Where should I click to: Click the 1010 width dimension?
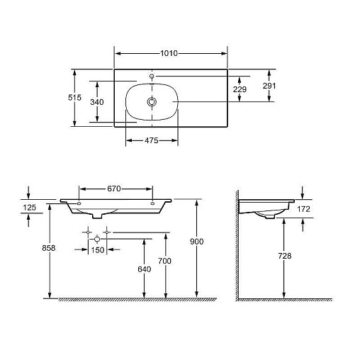tap(169, 53)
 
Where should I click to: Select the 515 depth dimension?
tap(74, 97)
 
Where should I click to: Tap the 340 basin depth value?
tap(97, 102)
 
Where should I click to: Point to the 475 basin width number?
tap(152, 140)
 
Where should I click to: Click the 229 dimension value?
tap(240, 89)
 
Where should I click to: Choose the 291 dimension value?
tap(269, 86)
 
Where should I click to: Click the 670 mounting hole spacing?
tap(114, 189)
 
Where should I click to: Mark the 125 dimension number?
tap(30, 208)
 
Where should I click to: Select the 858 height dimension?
tap(49, 248)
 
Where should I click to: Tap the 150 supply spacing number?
tap(98, 250)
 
